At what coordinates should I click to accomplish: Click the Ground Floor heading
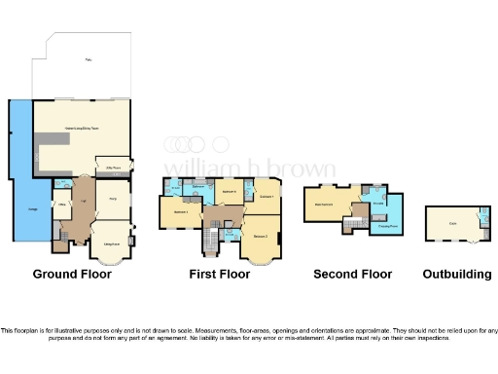[x=72, y=275]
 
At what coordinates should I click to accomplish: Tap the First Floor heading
[x=219, y=275]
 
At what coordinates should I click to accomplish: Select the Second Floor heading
[x=352, y=275]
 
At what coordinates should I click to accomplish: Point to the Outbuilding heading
[x=456, y=275]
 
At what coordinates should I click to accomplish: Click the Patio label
[x=89, y=60]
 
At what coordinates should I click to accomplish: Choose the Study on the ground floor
[x=113, y=200]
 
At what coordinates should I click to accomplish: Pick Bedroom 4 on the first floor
[x=231, y=192]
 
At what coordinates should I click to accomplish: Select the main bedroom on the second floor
[x=329, y=204]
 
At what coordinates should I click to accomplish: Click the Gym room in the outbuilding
[x=452, y=223]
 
